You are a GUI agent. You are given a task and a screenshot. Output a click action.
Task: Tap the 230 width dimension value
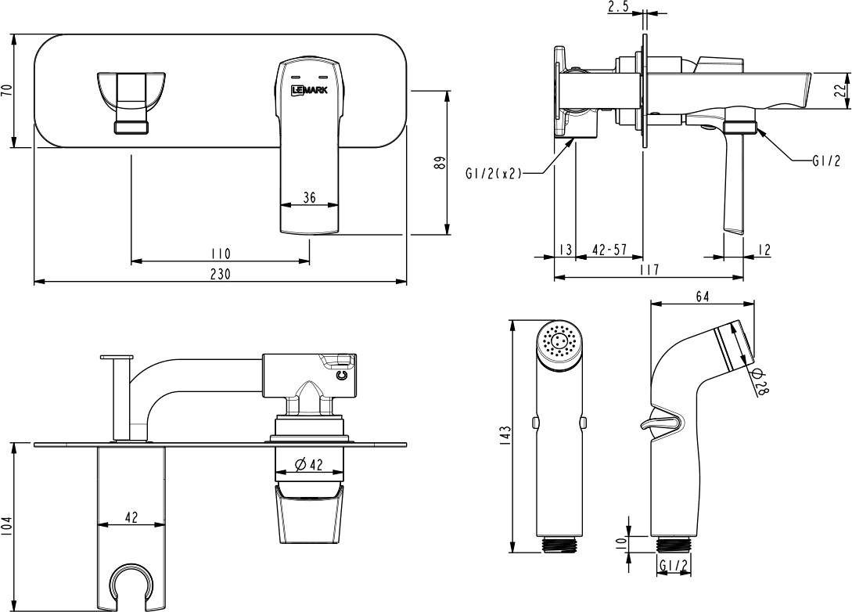pos(221,273)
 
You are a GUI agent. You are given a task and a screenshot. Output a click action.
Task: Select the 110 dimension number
pos(221,254)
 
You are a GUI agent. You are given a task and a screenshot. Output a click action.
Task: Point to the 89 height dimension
pos(440,163)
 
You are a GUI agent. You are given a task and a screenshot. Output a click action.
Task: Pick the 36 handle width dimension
pos(309,199)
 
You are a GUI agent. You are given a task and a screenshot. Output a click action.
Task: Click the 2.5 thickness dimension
pos(618,7)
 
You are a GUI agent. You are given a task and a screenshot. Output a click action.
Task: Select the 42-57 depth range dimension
pos(609,250)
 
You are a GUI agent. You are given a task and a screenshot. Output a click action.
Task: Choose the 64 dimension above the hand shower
pos(702,296)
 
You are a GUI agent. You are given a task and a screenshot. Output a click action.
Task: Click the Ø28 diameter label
pos(760,382)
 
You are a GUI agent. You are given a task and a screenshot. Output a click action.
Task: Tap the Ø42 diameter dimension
pos(309,465)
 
